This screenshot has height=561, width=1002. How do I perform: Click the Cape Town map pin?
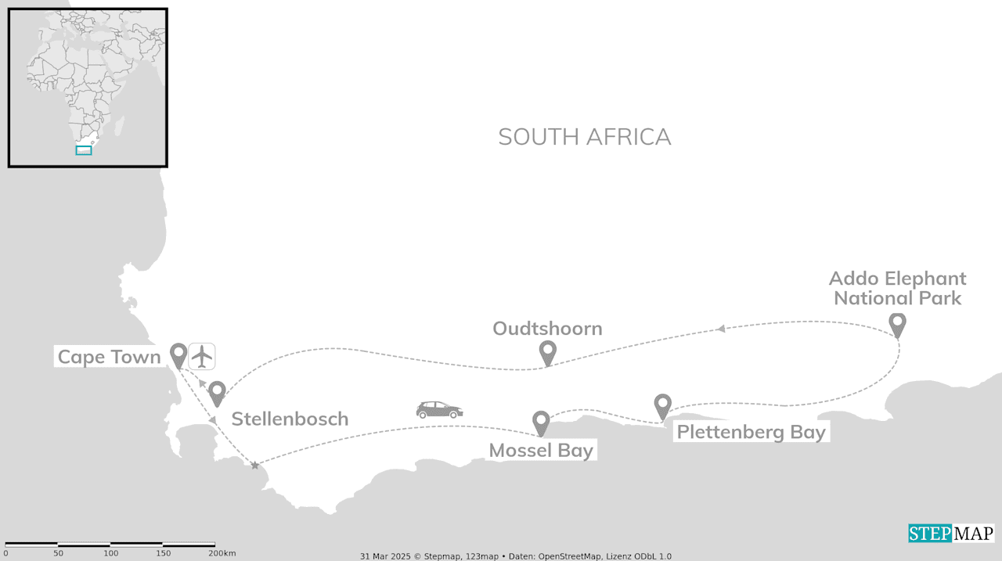coord(178,354)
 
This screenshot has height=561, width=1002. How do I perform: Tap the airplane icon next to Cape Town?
coord(202,356)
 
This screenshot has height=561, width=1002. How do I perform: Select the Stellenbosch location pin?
coord(217,393)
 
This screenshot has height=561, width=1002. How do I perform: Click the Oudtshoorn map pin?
coord(548,352)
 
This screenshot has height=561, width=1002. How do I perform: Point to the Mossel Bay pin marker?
coord(541,423)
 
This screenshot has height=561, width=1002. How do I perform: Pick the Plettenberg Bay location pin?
coord(663,405)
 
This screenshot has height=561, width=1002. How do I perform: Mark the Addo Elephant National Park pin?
coord(898,324)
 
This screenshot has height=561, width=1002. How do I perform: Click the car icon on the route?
coord(439,410)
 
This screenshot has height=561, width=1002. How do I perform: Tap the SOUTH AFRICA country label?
coord(584,137)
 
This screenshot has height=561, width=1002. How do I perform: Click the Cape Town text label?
coord(109,358)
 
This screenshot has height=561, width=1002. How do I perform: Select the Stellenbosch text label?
coord(290,419)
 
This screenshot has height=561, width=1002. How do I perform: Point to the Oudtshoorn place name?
coord(547,329)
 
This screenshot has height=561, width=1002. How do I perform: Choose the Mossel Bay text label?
coord(541,451)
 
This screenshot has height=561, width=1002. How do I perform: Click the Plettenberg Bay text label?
coord(751,432)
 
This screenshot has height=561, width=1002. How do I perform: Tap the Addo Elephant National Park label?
coord(897,288)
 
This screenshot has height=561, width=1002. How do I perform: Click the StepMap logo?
coord(950,534)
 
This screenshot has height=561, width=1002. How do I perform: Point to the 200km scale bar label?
coord(222,554)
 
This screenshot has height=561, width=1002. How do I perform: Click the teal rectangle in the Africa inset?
coord(84,150)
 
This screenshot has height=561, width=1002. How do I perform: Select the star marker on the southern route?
coord(254,466)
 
